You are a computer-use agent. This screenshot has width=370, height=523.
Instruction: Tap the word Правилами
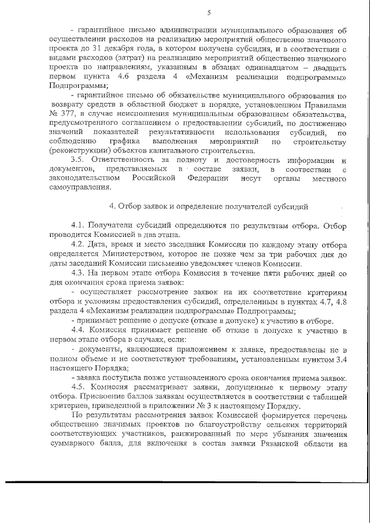[325, 105]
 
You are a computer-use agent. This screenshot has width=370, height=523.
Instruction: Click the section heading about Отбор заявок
[209, 206]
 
